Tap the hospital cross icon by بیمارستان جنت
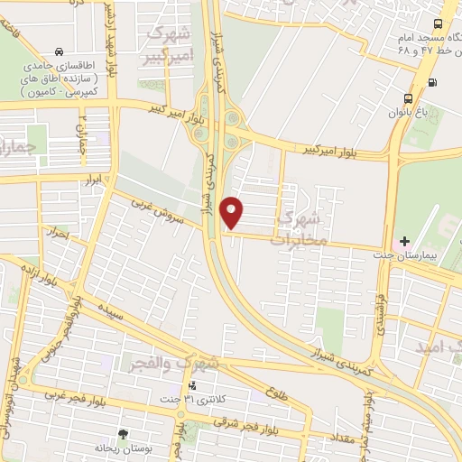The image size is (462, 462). (x=404, y=242)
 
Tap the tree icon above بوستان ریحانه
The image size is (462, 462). (x=123, y=434)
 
